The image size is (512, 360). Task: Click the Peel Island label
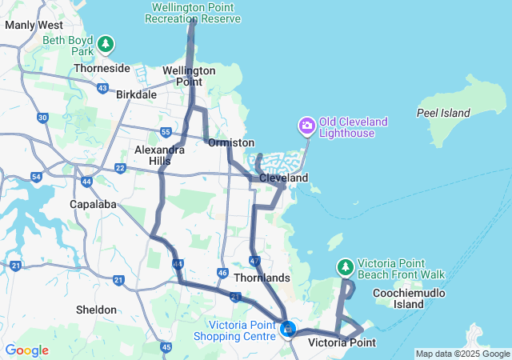[443, 113]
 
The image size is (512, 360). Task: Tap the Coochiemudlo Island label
[398, 298]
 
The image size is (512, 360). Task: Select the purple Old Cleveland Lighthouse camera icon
[306, 126]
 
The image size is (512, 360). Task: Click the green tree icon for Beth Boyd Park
[106, 44]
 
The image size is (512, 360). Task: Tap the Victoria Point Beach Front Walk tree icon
[346, 266]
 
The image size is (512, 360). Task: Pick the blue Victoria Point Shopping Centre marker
[288, 328]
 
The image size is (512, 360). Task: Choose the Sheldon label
[95, 310]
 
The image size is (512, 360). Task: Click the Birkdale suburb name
[136, 94]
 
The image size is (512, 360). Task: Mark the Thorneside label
[102, 68]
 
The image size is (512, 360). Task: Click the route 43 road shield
[102, 87]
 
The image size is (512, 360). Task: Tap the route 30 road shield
[42, 118]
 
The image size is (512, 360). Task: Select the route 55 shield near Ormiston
[166, 131]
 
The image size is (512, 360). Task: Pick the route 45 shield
[166, 346]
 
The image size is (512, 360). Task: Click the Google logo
[26, 350]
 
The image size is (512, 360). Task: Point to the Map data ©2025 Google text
[462, 354]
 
